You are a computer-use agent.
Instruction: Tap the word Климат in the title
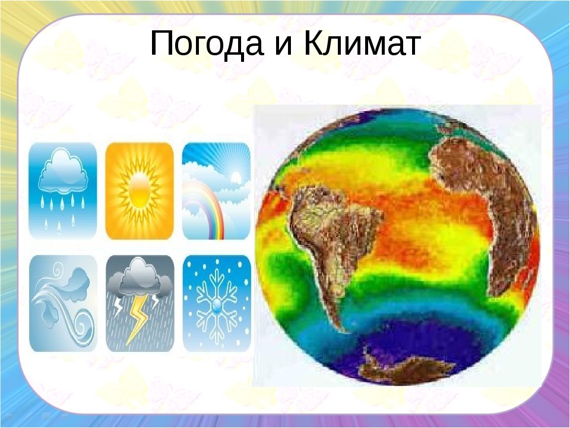tap(362, 43)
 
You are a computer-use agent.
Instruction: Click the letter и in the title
tap(284, 46)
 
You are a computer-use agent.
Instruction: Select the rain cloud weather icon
tap(62, 191)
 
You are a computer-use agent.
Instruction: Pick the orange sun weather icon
tap(139, 191)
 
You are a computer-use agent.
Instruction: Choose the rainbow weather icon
tap(216, 191)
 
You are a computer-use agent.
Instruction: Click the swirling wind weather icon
tap(63, 304)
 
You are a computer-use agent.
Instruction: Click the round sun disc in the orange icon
tap(139, 191)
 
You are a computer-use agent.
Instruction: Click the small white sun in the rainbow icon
tap(236, 177)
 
